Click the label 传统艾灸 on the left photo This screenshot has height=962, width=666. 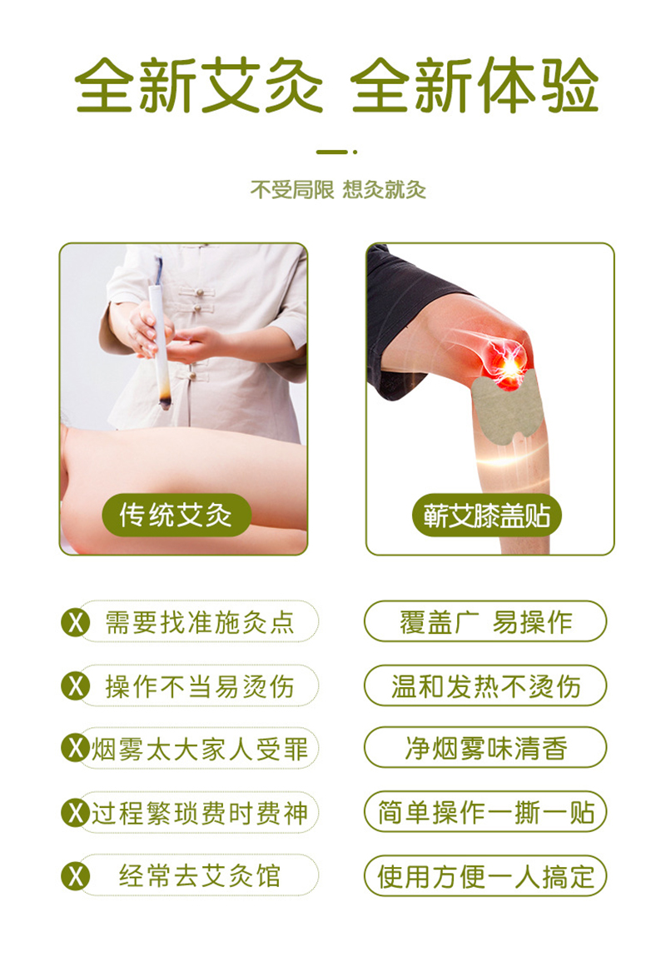pyautogui.click(x=176, y=515)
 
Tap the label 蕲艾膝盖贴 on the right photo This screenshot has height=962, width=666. pyautogui.click(x=487, y=515)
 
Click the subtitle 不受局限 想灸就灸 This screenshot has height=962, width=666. pyautogui.click(x=338, y=190)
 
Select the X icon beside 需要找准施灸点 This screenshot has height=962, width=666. pyautogui.click(x=76, y=622)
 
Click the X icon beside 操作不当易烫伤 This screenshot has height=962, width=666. pyautogui.click(x=76, y=685)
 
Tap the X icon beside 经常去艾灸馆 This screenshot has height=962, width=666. pyautogui.click(x=76, y=875)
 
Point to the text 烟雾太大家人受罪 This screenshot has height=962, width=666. pyautogui.click(x=200, y=749)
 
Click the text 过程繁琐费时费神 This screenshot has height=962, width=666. pyautogui.click(x=200, y=813)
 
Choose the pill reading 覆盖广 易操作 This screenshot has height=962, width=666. pyautogui.click(x=485, y=621)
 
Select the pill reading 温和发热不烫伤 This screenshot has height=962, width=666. pyautogui.click(x=485, y=685)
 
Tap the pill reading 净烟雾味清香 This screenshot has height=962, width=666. pyautogui.click(x=485, y=748)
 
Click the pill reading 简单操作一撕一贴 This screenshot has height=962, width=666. pyautogui.click(x=485, y=812)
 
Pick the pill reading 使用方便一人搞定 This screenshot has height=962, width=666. pyautogui.click(x=485, y=876)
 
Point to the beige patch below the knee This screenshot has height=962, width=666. pyautogui.click(x=505, y=408)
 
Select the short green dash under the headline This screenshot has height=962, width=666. pyautogui.click(x=332, y=152)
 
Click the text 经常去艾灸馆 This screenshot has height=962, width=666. pyautogui.click(x=200, y=876)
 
